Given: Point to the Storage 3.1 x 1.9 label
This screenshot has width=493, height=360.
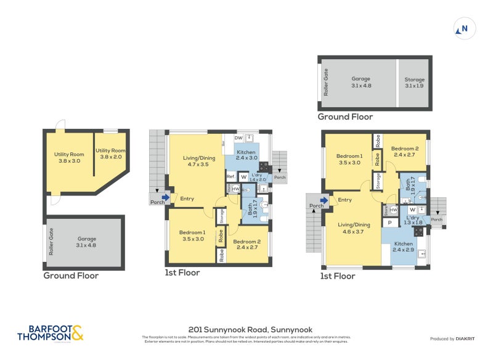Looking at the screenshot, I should pos(414,83).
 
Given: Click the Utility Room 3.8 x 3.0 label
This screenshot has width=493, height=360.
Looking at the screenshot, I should pos(68,157).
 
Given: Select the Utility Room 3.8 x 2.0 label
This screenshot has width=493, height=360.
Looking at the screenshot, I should pos(110,153).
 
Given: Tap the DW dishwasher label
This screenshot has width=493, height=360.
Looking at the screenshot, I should pos(229,138).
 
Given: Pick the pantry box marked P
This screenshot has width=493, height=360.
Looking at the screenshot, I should pos(389,223).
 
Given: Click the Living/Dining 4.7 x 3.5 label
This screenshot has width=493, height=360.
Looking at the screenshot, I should pos(196,162).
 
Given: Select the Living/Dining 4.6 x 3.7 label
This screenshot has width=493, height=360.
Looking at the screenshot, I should pos(354,228).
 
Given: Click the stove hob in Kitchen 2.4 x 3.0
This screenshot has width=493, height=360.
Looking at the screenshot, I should pos(264,166).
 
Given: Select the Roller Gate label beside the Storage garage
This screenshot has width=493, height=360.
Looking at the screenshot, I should pos(326,83).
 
